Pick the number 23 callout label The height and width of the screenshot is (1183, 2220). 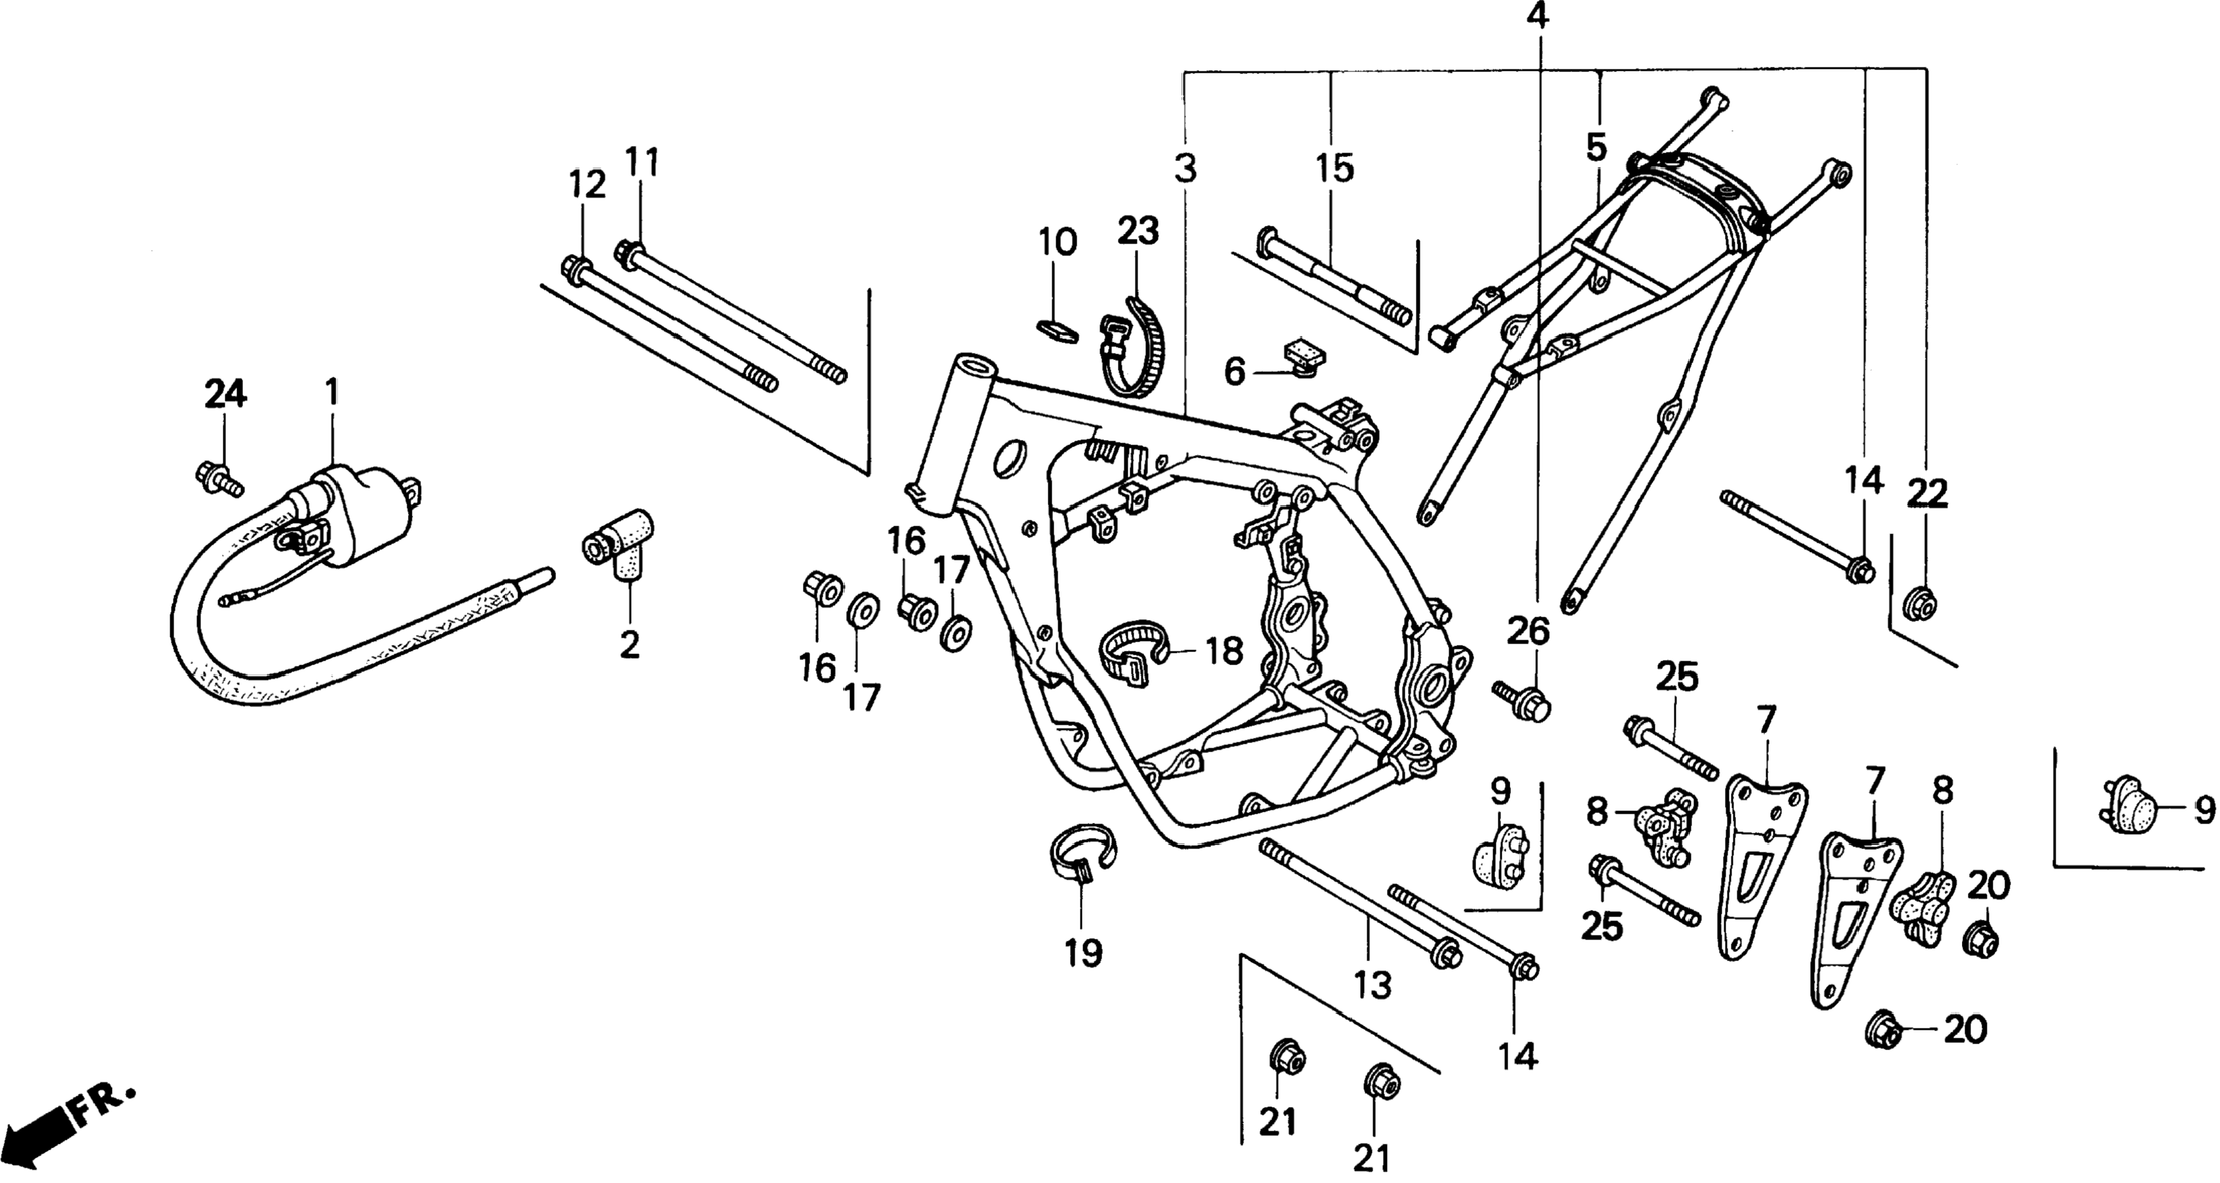[x=1138, y=231]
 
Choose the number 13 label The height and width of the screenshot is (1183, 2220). [x=1371, y=985]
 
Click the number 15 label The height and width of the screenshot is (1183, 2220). [x=1334, y=169]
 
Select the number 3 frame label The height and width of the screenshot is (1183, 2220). [x=1186, y=169]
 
